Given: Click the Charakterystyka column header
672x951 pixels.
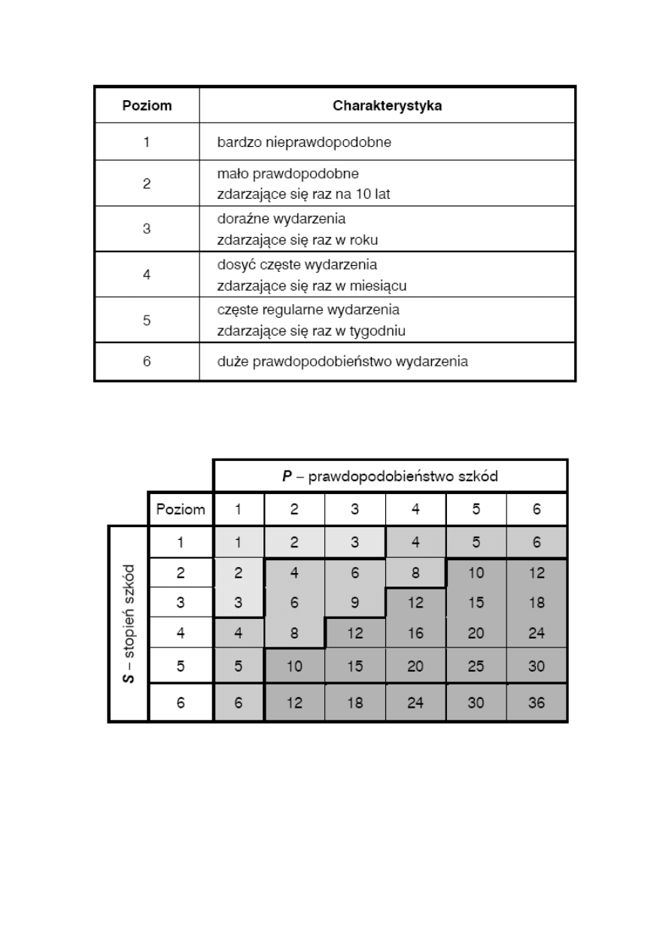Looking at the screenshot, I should click(x=387, y=105).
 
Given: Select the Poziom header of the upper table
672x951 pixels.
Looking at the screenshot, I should click(x=147, y=105).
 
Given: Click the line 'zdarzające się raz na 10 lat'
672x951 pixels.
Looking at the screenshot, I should click(x=304, y=194).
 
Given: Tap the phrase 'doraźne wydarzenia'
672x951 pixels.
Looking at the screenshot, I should click(x=281, y=220).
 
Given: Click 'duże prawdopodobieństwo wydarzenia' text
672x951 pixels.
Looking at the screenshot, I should click(x=342, y=362).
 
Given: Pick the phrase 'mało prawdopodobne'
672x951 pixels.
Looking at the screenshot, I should click(x=282, y=174).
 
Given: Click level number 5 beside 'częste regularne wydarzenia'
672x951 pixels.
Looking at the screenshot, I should click(x=147, y=320).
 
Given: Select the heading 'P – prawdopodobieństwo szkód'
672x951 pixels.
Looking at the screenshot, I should click(x=390, y=477).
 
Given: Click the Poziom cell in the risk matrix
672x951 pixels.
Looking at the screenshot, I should click(x=181, y=509).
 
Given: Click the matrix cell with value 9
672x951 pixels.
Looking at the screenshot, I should click(x=355, y=603).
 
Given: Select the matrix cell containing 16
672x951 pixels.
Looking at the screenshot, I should click(x=415, y=633).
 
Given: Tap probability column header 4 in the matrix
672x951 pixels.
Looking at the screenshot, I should click(x=415, y=509).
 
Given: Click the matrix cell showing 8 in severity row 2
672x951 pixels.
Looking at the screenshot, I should click(x=415, y=573).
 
